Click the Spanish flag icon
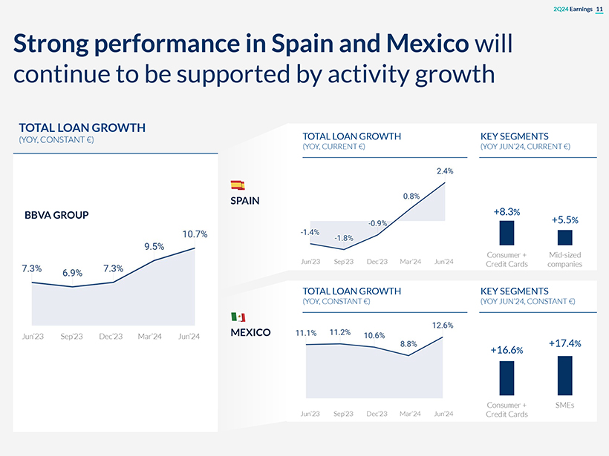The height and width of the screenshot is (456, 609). pyautogui.click(x=238, y=185)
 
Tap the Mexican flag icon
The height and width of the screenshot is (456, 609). pyautogui.click(x=238, y=317)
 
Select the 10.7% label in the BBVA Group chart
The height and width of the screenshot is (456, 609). pyautogui.click(x=195, y=234)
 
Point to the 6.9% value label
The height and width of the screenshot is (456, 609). pyautogui.click(x=72, y=273)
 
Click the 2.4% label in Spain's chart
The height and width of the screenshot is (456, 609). pyautogui.click(x=444, y=171)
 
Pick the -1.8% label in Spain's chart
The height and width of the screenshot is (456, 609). pyautogui.click(x=344, y=237)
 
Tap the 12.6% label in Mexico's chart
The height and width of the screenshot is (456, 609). pyautogui.click(x=443, y=325)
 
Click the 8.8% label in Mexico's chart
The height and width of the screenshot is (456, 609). pyautogui.click(x=408, y=343)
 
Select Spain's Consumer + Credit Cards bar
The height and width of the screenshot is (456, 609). pyautogui.click(x=507, y=233)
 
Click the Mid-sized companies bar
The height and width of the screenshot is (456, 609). pyautogui.click(x=564, y=237)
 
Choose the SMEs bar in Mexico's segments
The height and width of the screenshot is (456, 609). pyautogui.click(x=564, y=375)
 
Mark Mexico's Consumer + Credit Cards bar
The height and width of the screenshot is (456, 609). pyautogui.click(x=507, y=378)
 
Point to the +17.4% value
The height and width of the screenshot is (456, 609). pyautogui.click(x=564, y=344)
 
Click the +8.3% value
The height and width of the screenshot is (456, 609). pyautogui.click(x=507, y=212)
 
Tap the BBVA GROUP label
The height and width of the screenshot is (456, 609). pyautogui.click(x=56, y=215)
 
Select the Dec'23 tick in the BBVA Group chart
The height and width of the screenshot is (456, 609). pyautogui.click(x=111, y=337)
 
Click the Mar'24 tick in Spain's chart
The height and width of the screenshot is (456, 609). pyautogui.click(x=411, y=262)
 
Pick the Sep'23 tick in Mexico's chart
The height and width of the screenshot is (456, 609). pyautogui.click(x=344, y=413)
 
